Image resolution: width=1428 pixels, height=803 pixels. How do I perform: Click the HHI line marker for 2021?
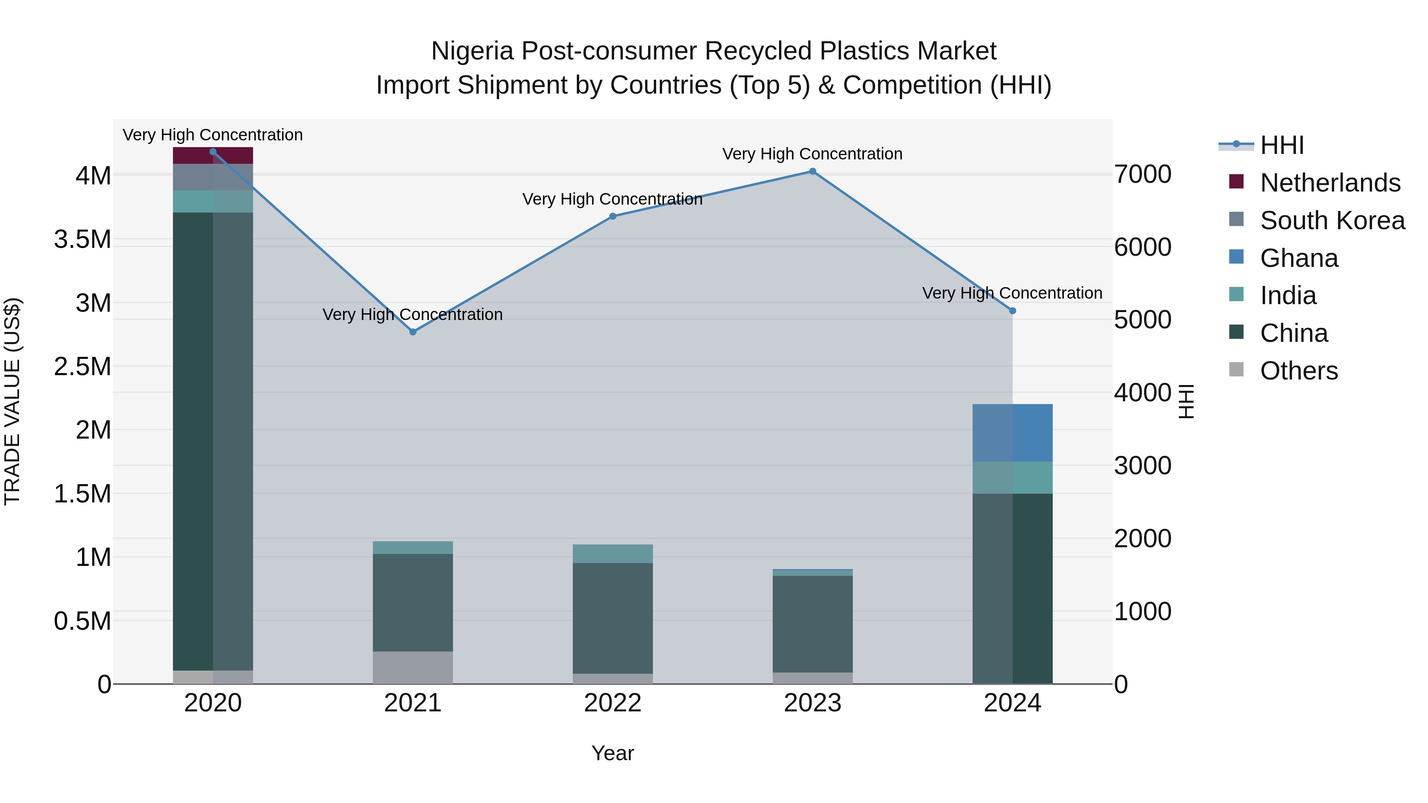coord(413,332)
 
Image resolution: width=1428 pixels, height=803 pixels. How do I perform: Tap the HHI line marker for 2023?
coord(813,171)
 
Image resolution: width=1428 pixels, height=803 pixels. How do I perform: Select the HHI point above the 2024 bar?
coord(1012,311)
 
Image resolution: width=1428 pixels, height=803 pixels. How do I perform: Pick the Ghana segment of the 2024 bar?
coord(1012,433)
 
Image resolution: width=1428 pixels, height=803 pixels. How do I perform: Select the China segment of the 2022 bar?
coord(612,618)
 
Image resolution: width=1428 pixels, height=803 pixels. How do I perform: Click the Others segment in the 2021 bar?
coord(413,667)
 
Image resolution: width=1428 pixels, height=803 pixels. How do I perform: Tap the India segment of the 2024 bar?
coord(1012,477)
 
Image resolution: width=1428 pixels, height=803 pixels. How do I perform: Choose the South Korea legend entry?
coord(1332,220)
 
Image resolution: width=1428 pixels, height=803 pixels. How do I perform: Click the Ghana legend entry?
coord(1298,258)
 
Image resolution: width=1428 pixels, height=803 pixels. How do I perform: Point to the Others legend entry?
coord(1298,371)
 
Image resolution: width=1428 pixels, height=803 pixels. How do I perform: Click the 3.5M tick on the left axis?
coord(83,240)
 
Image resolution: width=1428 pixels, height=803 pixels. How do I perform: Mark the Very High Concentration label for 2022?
coord(612,199)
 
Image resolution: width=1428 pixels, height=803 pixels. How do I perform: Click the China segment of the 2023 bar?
coord(813,623)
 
